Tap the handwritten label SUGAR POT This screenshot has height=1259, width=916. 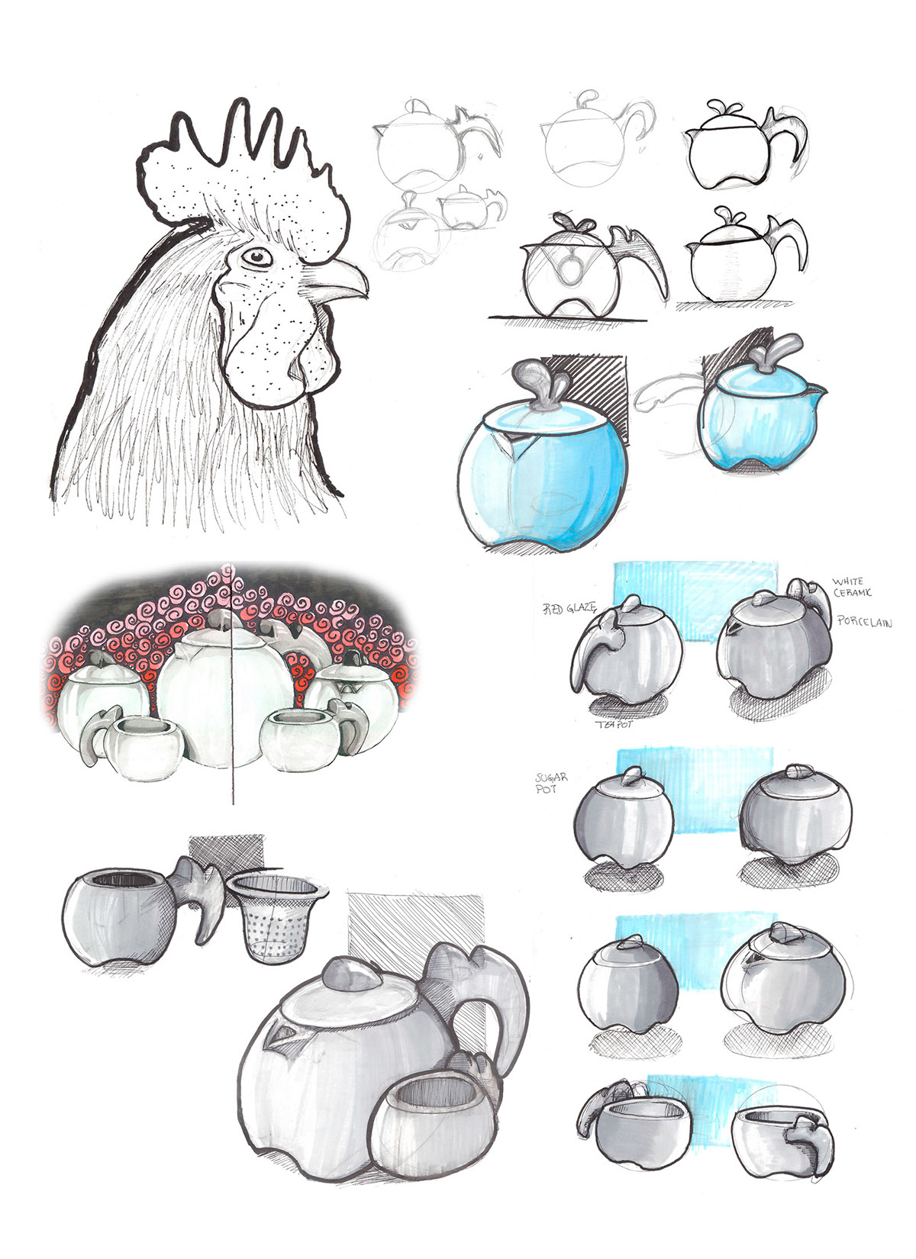pyautogui.click(x=551, y=782)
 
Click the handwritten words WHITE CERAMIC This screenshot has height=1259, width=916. pyautogui.click(x=853, y=588)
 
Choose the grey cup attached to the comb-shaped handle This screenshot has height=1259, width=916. pyautogui.click(x=114, y=916)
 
